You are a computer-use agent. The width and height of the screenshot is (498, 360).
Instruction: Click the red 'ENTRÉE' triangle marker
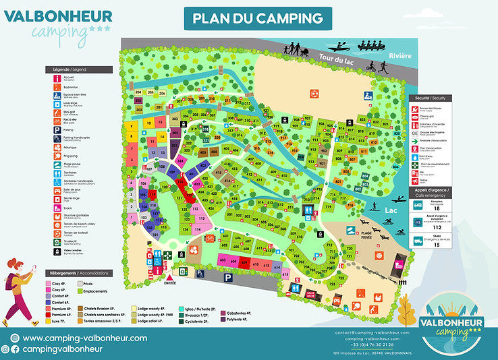click(x=169, y=276)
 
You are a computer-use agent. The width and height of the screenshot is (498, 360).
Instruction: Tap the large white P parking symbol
click(x=228, y=277)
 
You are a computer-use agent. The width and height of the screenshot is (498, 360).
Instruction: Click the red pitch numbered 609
click(x=245, y=263)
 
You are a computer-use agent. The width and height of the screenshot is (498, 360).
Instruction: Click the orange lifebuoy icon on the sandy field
click(x=313, y=92)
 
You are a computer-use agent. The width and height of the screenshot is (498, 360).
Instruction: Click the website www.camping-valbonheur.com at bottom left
click(x=84, y=338)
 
